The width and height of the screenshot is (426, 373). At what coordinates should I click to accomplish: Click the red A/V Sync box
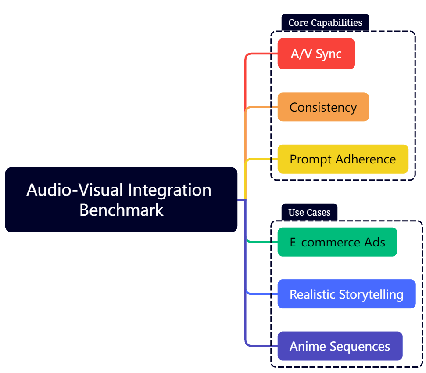[x=316, y=54]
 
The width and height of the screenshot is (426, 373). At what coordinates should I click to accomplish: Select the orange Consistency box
[x=323, y=107]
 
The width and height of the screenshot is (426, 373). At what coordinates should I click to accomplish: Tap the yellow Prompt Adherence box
[x=343, y=159]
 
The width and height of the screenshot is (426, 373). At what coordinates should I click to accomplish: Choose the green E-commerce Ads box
[x=337, y=242]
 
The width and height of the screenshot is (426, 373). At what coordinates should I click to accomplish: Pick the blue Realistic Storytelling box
[x=346, y=294]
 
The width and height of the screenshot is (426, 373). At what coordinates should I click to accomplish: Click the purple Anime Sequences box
[x=340, y=346]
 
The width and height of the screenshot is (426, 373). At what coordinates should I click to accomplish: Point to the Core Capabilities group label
[x=325, y=23]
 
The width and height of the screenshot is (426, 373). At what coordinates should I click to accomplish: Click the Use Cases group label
[x=309, y=213]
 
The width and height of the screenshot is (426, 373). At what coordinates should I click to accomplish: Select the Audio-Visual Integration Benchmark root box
[x=121, y=199]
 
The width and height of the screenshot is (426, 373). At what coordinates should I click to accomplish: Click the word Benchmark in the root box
[x=121, y=210]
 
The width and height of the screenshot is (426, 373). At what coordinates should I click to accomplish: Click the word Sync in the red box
[x=329, y=54]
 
